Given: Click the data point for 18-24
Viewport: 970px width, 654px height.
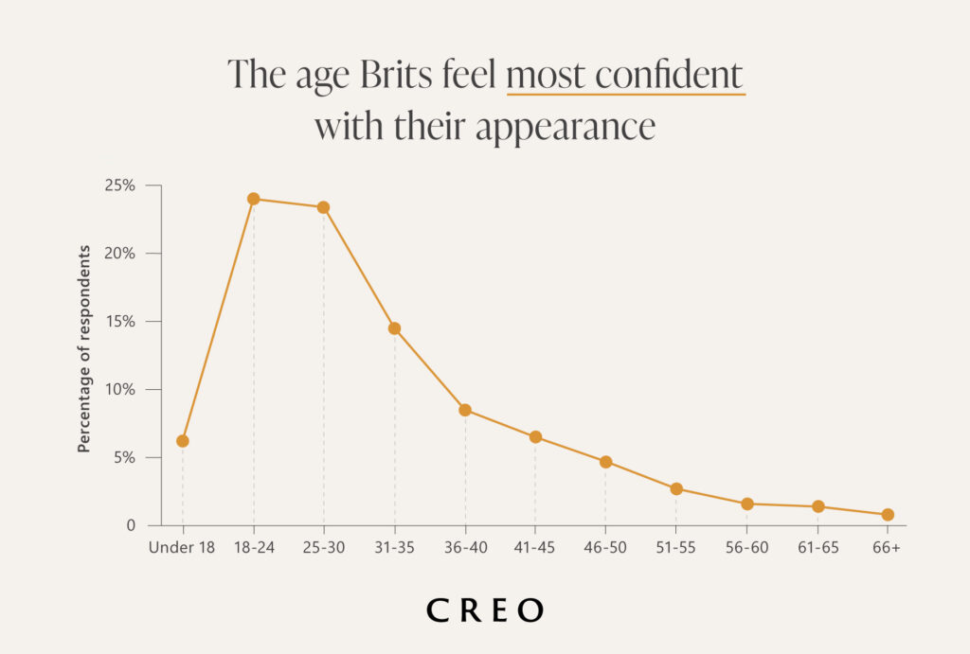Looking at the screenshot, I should coord(253,199).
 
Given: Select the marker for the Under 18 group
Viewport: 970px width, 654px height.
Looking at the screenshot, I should coord(182,441).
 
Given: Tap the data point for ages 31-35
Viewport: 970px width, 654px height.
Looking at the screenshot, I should coord(394,328).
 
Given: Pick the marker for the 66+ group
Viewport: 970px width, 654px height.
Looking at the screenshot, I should coord(888,515).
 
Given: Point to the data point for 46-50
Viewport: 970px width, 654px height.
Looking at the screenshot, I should coord(605,462).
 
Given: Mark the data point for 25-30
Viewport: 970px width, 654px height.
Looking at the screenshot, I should coord(323,207).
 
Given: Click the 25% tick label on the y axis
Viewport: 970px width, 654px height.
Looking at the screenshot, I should coord(120,186).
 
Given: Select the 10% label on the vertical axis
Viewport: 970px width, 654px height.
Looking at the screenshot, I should coord(120,389).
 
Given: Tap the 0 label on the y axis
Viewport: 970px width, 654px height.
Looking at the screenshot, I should coord(131,525).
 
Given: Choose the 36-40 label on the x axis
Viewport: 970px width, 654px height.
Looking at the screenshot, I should coord(464,548).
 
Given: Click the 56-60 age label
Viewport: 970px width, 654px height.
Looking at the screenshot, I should coord(746,548).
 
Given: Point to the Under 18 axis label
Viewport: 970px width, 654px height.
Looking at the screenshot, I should coord(182,548).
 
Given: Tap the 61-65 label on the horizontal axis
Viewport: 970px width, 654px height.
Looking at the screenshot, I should coord(817,548).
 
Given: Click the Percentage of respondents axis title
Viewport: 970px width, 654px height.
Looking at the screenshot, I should coord(84,348).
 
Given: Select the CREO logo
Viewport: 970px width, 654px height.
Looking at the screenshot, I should coord(485,610).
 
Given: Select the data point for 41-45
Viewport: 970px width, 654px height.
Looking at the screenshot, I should coord(535,437).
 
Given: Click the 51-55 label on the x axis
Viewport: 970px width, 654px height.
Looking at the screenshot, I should coord(676,548).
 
